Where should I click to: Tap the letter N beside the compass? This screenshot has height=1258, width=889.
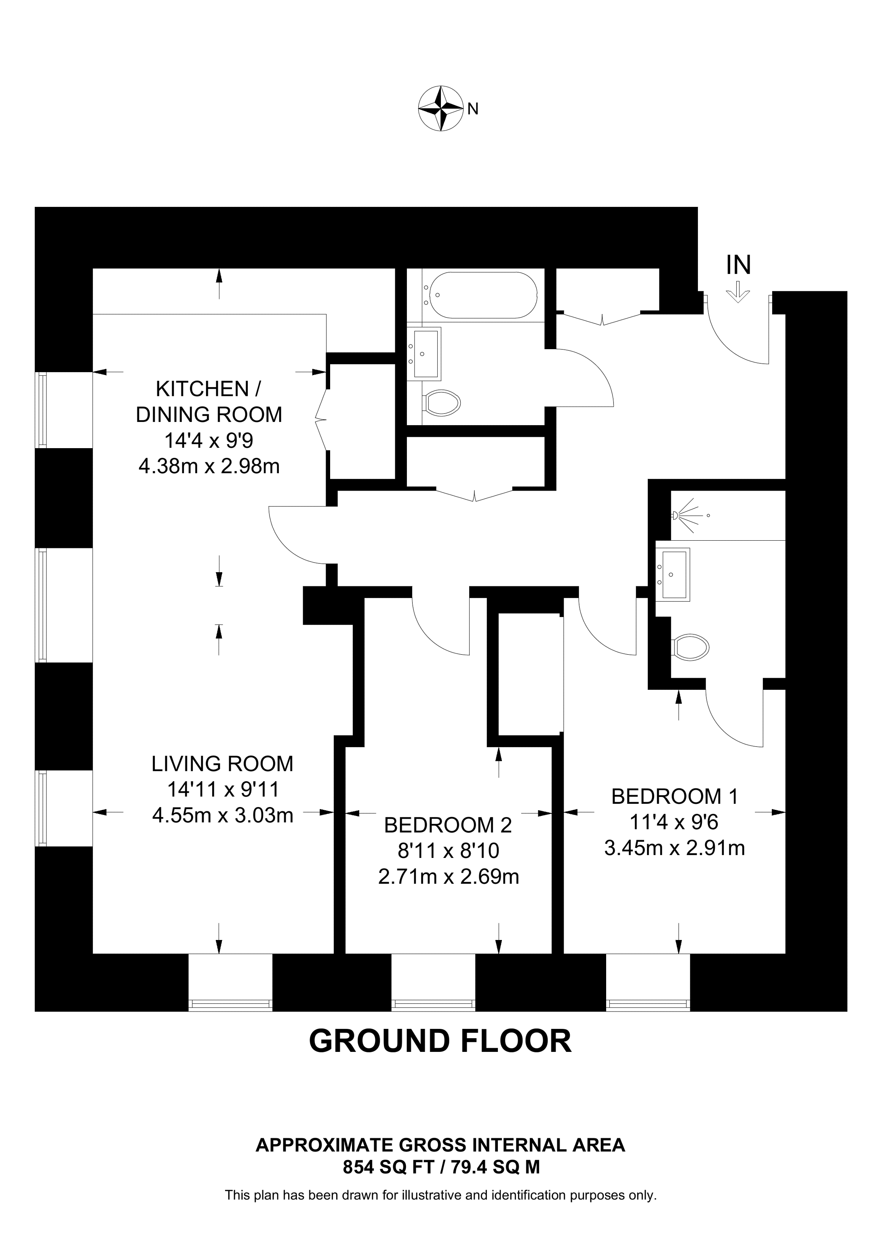(x=473, y=109)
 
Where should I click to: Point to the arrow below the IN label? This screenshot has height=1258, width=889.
(x=738, y=292)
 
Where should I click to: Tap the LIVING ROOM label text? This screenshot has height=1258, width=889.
(x=222, y=763)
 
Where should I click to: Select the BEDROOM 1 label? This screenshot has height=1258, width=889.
(x=674, y=796)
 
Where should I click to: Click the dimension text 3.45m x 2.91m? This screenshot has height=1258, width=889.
(x=674, y=848)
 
